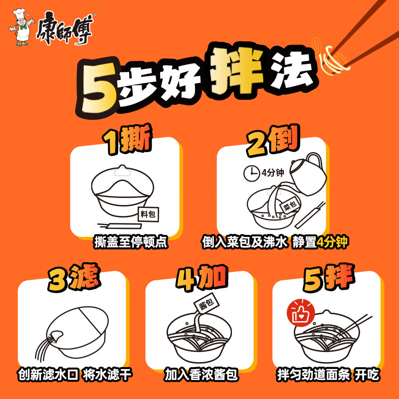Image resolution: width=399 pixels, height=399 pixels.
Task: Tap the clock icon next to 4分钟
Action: [251, 174]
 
